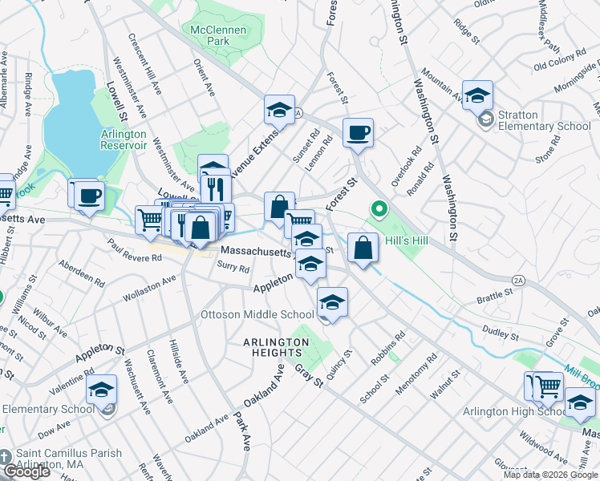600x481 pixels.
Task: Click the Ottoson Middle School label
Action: coord(257,314)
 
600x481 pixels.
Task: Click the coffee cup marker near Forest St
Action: coord(358,132)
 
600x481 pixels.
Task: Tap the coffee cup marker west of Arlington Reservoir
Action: coord(89,194)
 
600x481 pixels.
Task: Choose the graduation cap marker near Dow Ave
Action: coord(102,391)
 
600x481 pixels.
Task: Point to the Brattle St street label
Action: coord(495,294)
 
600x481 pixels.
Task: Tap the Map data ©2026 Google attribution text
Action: coord(549,475)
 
